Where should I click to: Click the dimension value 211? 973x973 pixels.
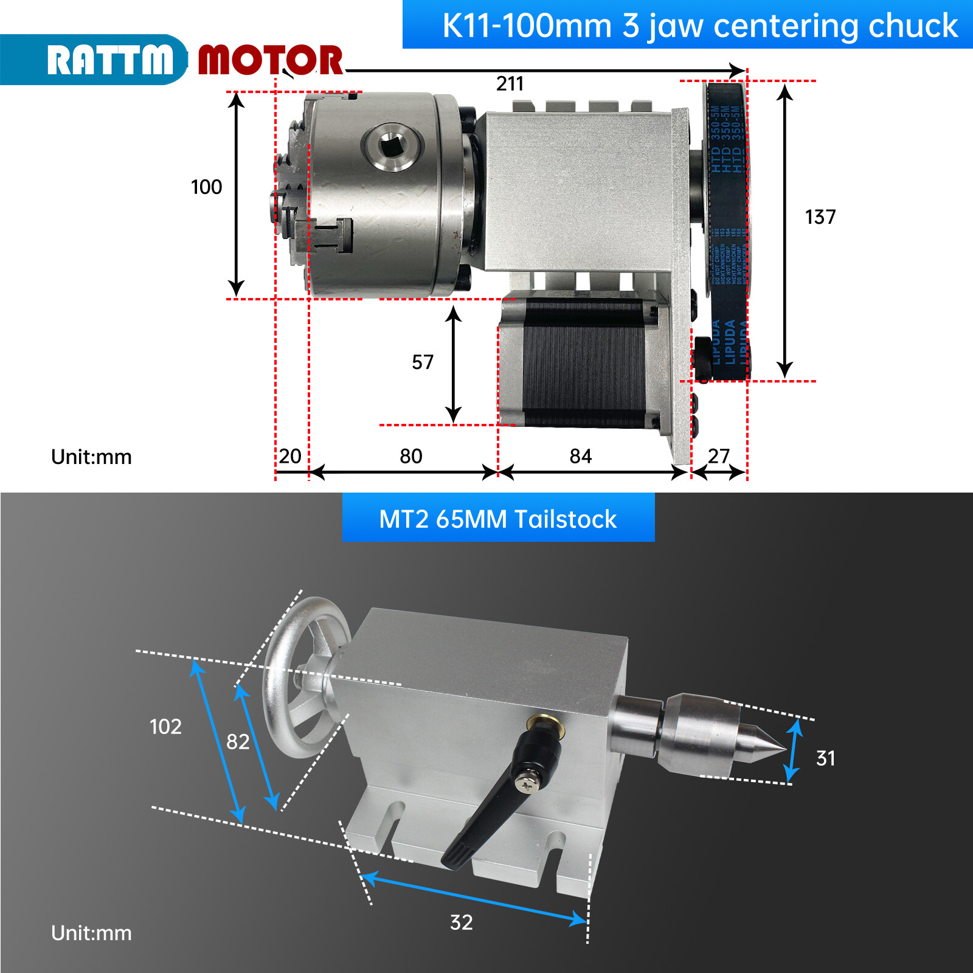pos(510,83)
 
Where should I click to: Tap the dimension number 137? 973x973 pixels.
pos(820,217)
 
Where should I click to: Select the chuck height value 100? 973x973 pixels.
pos(206,187)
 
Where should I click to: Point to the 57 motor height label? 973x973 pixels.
pos(423,362)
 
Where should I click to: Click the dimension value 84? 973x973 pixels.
pos(580,456)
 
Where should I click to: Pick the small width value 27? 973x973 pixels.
pos(718,455)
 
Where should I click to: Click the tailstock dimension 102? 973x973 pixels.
pos(165,727)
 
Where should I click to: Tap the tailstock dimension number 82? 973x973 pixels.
pos(238,742)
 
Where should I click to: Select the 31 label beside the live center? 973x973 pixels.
pos(825,758)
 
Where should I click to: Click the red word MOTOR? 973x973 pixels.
pos(271,60)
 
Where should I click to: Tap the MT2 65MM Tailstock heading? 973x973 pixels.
pos(497,519)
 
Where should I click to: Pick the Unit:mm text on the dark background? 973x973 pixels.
pos(91,933)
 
